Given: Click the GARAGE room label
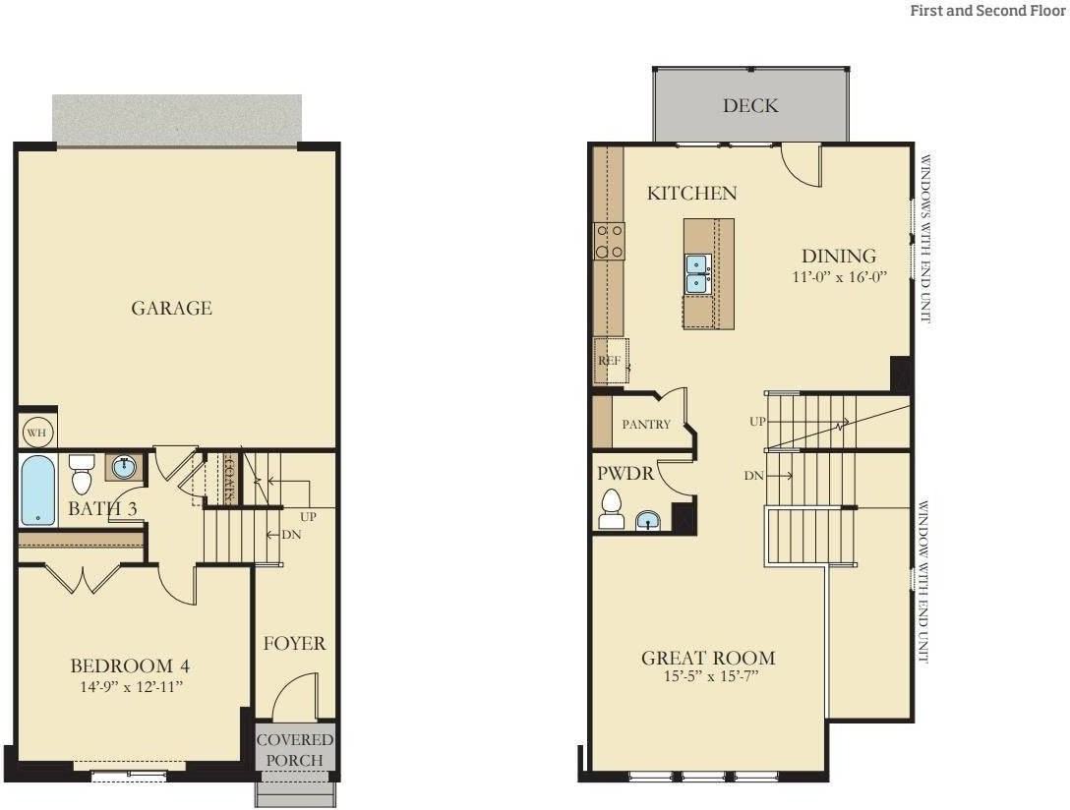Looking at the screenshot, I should pos(171,309).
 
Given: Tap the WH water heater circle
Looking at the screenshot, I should pos(34,433).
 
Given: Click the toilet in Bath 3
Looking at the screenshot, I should pos(82,474).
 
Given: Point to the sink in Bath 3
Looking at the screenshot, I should pos(124,468).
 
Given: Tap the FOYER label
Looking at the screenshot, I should pos(293,644).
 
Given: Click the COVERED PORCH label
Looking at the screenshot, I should pos(295,749).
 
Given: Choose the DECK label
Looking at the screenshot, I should pos(750,106).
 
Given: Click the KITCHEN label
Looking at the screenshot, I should pos(691,194).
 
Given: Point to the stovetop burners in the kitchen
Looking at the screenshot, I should pos(609,241).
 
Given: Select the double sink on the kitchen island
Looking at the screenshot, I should pos(697,272).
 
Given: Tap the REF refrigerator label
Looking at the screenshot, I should pos(609,361).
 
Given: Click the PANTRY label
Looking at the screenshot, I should pos(646,425).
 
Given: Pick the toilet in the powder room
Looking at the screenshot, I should pos(612,508).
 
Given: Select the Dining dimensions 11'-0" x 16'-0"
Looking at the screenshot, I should pos(840,277).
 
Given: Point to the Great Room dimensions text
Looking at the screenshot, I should pos(707,676).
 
